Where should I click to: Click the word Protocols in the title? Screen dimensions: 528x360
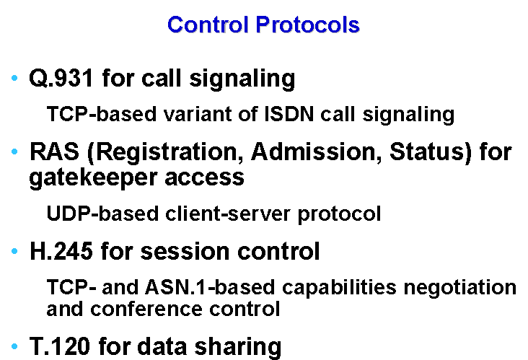[x=307, y=25]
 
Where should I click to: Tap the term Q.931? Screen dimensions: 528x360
[x=61, y=78]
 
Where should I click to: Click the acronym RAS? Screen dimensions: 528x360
[x=54, y=152]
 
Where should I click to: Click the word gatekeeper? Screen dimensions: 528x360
[x=93, y=177]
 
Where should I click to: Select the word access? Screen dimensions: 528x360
[x=204, y=178]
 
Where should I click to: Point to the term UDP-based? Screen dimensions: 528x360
[x=102, y=214]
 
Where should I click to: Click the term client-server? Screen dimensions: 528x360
[x=228, y=214]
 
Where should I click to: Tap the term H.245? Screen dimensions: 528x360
[x=61, y=251]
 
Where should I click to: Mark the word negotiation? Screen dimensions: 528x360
[x=460, y=288]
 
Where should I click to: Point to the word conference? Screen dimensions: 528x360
[x=146, y=309]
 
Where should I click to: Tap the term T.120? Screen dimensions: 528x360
[x=60, y=346]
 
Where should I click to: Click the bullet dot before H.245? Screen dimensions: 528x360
[x=14, y=251]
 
